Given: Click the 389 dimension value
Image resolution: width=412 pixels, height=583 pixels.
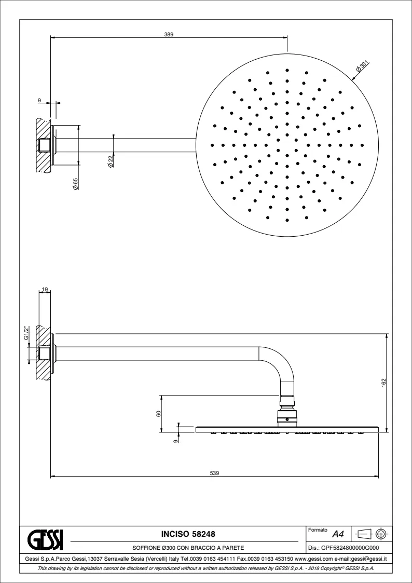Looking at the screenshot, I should [x=169, y=34].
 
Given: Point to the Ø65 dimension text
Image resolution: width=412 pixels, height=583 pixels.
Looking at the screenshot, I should [x=76, y=183].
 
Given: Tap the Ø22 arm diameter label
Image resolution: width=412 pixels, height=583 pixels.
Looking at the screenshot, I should [x=111, y=161].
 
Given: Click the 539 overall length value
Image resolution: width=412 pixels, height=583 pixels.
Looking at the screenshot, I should [x=215, y=472].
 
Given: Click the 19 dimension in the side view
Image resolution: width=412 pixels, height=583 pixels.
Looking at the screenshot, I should [x=45, y=290].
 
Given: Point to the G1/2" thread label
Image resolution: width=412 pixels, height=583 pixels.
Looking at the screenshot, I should [x=26, y=332].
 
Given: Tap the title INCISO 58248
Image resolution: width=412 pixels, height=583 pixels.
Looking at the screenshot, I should [x=186, y=534].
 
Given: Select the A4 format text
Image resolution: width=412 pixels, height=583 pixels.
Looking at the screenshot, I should [x=338, y=534].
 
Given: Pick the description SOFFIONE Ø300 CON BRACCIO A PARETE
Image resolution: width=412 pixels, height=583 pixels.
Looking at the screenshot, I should [x=186, y=548].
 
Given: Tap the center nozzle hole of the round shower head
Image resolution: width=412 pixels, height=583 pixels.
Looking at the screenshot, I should [x=287, y=145].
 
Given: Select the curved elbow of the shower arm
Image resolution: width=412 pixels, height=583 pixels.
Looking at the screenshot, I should [x=283, y=363].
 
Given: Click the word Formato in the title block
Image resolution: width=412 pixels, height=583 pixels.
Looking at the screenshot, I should [x=317, y=530].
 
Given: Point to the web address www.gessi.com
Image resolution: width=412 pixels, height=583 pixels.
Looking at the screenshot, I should [x=313, y=559].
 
